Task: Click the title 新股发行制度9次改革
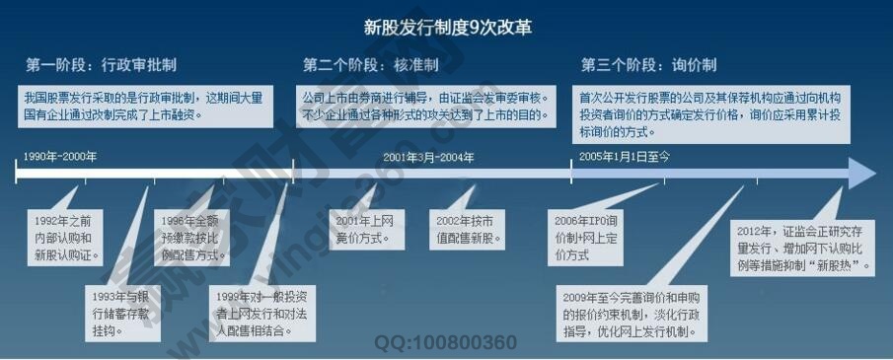pos(447,27)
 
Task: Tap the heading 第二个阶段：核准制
pos(370,66)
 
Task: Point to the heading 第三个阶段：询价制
pos(648,66)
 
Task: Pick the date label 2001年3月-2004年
pos(428,157)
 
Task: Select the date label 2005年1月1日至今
pos(625,157)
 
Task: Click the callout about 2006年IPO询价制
pos(585,238)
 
